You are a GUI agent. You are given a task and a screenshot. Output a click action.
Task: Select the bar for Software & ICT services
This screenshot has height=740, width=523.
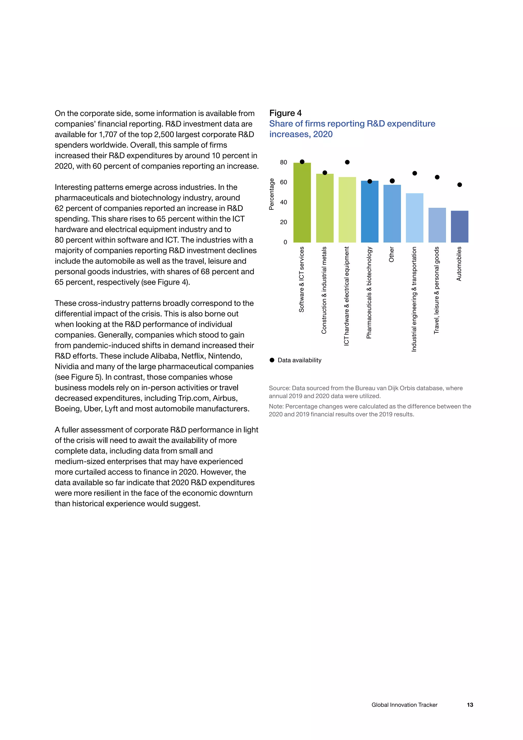[x=302, y=203]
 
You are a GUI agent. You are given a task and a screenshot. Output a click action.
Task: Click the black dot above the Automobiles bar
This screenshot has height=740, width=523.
[x=460, y=185]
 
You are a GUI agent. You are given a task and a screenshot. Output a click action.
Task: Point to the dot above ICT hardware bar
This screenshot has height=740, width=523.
[x=347, y=162]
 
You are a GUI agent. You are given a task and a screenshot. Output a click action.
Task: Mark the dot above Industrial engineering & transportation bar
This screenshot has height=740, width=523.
[x=414, y=174]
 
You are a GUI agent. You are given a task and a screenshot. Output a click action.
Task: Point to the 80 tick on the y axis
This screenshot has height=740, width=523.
[x=283, y=163]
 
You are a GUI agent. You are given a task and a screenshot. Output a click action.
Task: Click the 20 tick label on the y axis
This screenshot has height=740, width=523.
[x=283, y=222]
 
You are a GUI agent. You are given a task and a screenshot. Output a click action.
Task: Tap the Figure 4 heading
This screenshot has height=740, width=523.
[x=285, y=113]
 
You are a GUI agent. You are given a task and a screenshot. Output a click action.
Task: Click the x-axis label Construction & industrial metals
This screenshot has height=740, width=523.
[x=324, y=290]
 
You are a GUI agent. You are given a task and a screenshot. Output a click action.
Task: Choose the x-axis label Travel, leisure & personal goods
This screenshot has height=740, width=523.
[x=436, y=290]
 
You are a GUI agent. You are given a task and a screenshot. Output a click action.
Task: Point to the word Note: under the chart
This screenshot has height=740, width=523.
[x=276, y=407]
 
